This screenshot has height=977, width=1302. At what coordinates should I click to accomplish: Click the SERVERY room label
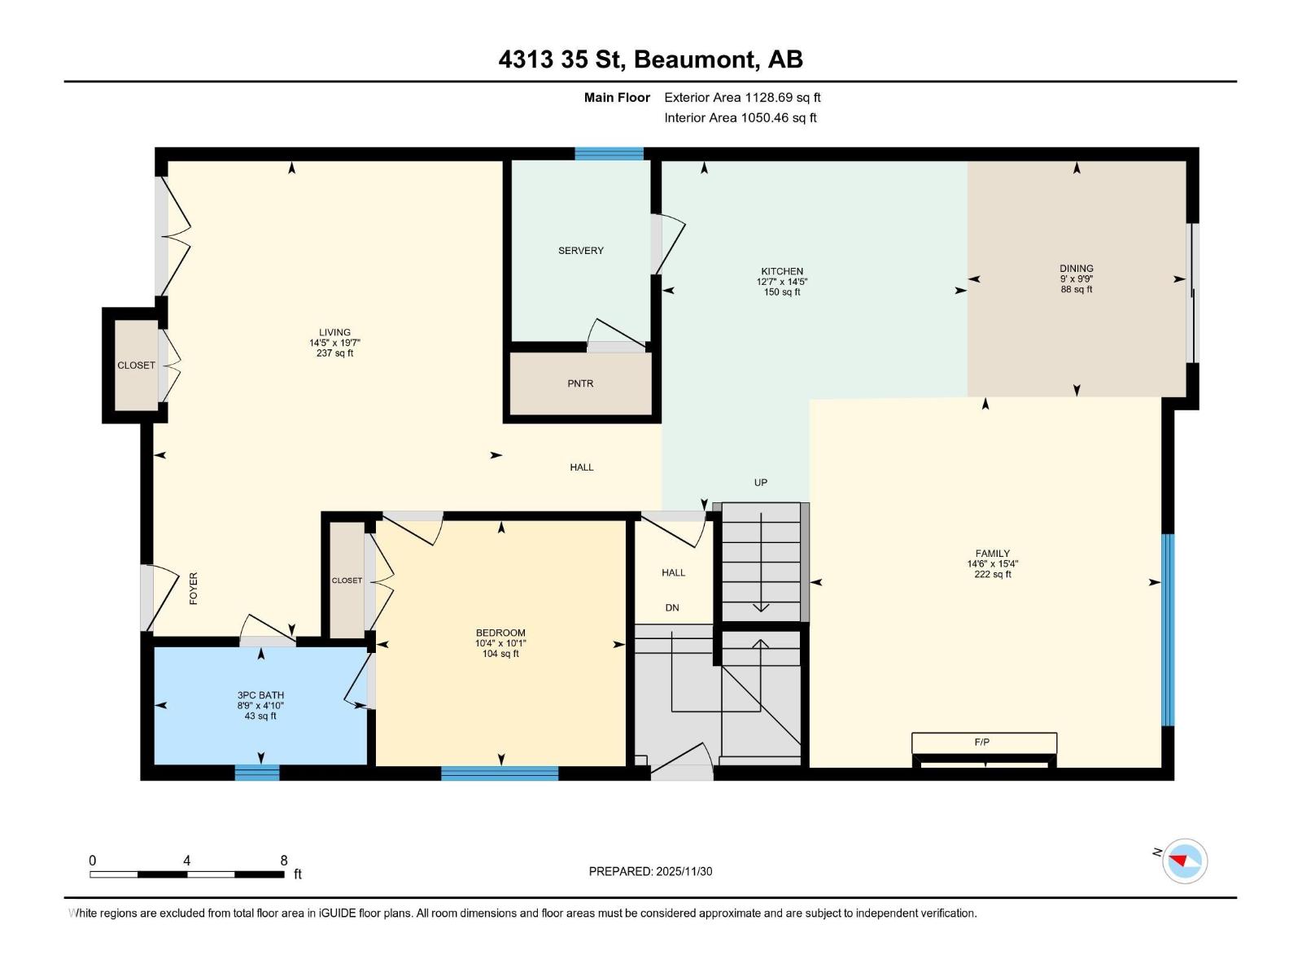(581, 251)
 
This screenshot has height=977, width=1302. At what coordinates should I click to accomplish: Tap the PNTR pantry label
(580, 383)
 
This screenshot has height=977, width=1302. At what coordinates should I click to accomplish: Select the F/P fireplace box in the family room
(983, 743)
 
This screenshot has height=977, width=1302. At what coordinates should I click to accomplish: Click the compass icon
(1184, 861)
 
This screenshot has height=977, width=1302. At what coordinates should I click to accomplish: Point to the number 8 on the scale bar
(284, 861)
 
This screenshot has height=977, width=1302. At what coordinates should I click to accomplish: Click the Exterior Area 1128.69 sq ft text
(742, 98)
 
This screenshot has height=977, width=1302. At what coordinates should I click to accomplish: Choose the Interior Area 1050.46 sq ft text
(740, 118)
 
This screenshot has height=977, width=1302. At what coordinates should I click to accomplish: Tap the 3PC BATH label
(260, 695)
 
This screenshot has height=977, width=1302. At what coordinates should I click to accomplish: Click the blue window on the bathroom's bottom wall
(257, 773)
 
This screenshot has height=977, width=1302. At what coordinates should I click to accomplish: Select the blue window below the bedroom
(500, 773)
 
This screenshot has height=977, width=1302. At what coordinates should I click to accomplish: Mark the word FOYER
(194, 588)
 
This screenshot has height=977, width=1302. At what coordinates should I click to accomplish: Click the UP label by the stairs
(761, 483)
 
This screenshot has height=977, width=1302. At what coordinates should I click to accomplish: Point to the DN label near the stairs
(672, 608)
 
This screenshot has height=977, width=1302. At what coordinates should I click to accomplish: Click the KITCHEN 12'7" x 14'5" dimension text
(782, 282)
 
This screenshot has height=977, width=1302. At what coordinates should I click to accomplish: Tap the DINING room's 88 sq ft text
(1077, 290)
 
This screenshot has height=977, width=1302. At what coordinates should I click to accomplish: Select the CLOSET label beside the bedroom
(347, 581)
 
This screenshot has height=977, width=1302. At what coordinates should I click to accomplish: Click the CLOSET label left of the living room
(136, 366)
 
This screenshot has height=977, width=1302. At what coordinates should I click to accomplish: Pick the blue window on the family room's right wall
(1168, 629)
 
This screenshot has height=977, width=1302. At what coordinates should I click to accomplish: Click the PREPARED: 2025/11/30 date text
(650, 871)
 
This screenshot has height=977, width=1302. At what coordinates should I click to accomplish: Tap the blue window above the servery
(609, 153)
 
